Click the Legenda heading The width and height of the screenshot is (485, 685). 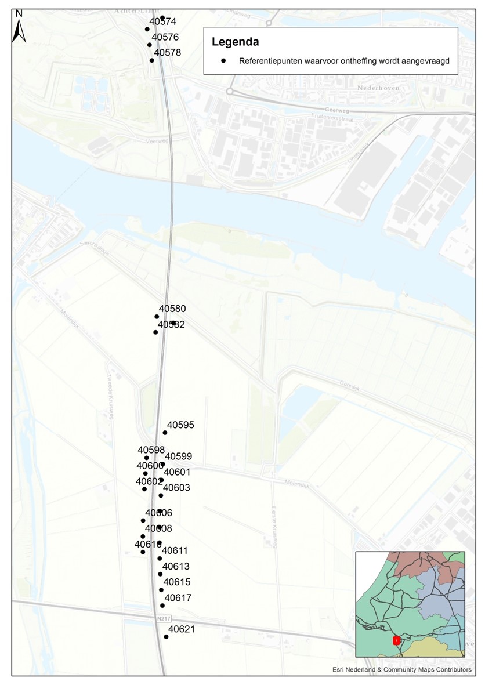pos(235,42)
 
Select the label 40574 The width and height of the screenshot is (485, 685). pos(162,21)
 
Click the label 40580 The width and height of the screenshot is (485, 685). pos(172,309)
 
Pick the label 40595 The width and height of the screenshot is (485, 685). pos(180,425)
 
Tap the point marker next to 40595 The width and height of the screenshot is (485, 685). pos(165,433)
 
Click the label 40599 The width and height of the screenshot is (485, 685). pos(178,457)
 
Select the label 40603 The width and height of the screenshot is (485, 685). pos(176,488)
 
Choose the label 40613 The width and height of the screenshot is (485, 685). pos(176,567)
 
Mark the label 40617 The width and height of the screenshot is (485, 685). pos(178,598)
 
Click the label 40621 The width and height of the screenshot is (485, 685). pos(182,629)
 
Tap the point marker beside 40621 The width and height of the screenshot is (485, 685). pos(166,637)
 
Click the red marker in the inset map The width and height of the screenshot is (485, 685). pos(397,640)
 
